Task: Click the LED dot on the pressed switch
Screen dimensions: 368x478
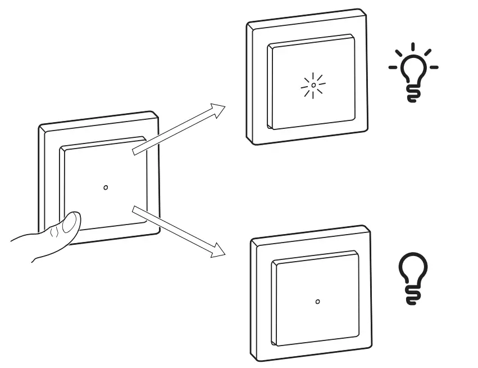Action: [x=106, y=187]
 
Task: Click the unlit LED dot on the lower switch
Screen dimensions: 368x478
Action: [x=318, y=302]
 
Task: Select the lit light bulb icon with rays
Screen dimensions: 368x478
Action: [x=414, y=73]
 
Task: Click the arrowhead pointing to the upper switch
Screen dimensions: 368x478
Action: [x=218, y=109]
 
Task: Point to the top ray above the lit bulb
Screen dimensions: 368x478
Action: [x=414, y=47]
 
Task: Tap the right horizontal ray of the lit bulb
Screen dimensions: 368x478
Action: [x=434, y=68]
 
